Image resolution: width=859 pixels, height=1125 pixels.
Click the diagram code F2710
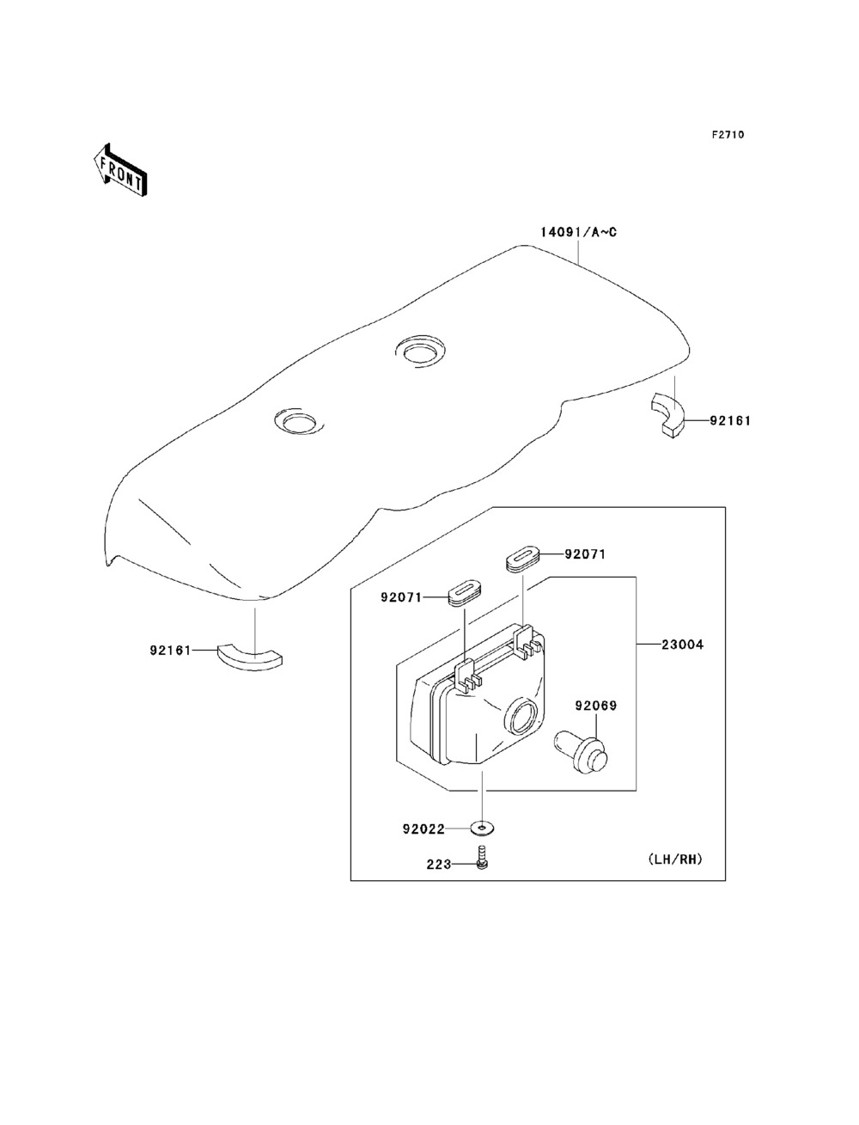pyautogui.click(x=727, y=135)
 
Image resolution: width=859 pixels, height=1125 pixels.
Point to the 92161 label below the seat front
pyautogui.click(x=169, y=651)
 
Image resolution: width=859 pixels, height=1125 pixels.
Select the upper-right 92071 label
pyautogui.click(x=585, y=554)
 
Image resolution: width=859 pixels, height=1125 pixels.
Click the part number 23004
pyautogui.click(x=683, y=644)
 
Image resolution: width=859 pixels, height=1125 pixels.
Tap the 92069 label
pyautogui.click(x=596, y=706)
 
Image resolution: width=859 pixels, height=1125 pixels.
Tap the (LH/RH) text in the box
pyautogui.click(x=676, y=859)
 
